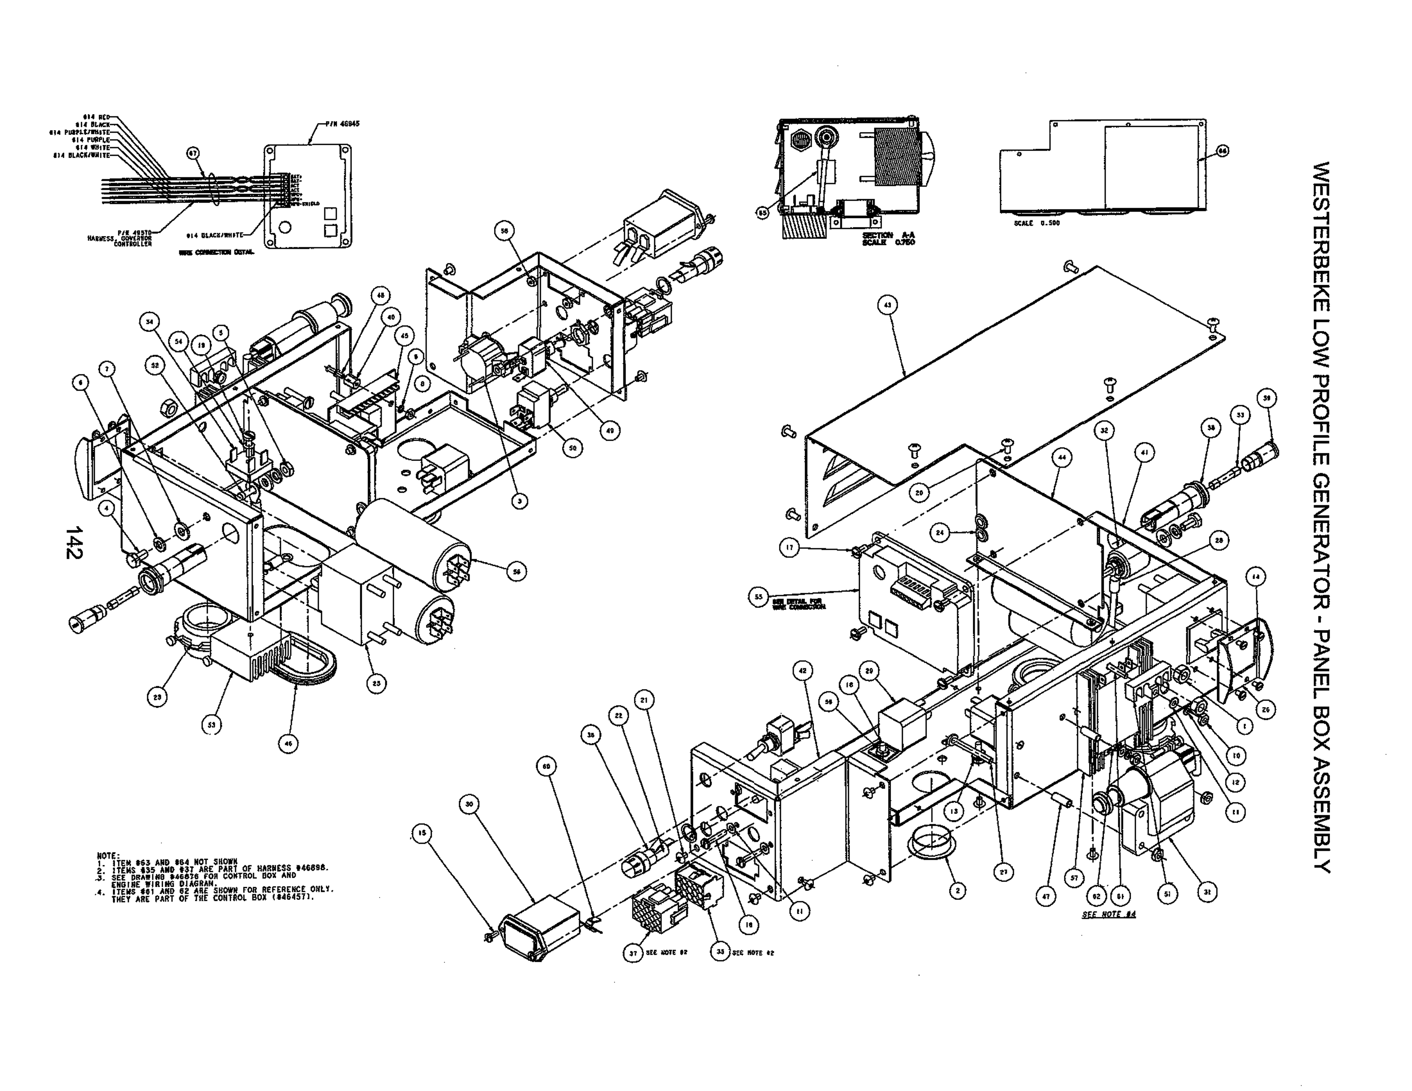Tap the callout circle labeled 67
click(x=193, y=154)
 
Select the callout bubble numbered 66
click(x=1222, y=151)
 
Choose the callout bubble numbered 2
click(x=957, y=891)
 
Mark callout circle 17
click(x=789, y=548)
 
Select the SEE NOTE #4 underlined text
click(x=1108, y=915)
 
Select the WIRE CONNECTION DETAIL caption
click(x=216, y=253)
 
